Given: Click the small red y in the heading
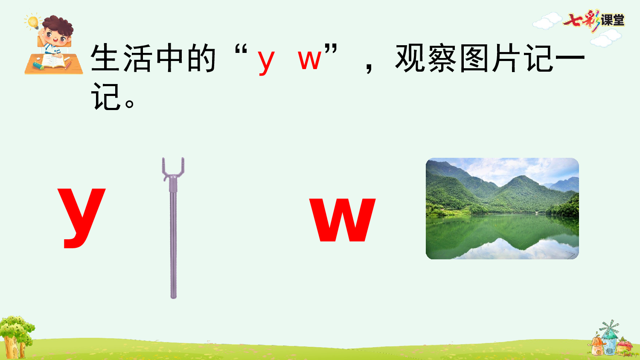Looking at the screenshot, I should tap(265, 61).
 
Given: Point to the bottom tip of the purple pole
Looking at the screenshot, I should tap(173, 296).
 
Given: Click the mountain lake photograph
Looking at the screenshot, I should tap(502, 209).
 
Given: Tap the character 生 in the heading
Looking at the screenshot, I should tap(105, 58).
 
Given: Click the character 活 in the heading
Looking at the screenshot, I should tap(137, 58).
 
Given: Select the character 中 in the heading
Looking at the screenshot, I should tap(169, 58).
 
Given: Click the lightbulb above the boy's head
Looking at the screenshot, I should tap(33, 21).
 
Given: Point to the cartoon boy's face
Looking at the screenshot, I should tap(55, 36).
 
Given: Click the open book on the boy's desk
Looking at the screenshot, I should tap(53, 62).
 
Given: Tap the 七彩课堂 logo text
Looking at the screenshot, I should tap(594, 20).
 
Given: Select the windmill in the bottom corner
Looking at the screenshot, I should tap(609, 333).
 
